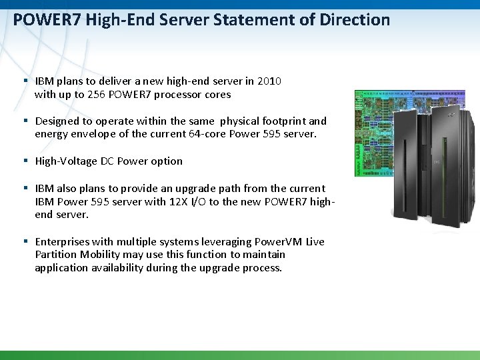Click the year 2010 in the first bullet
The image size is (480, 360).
[269, 81]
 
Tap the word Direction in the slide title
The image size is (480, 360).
[354, 20]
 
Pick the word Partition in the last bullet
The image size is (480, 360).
[57, 255]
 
